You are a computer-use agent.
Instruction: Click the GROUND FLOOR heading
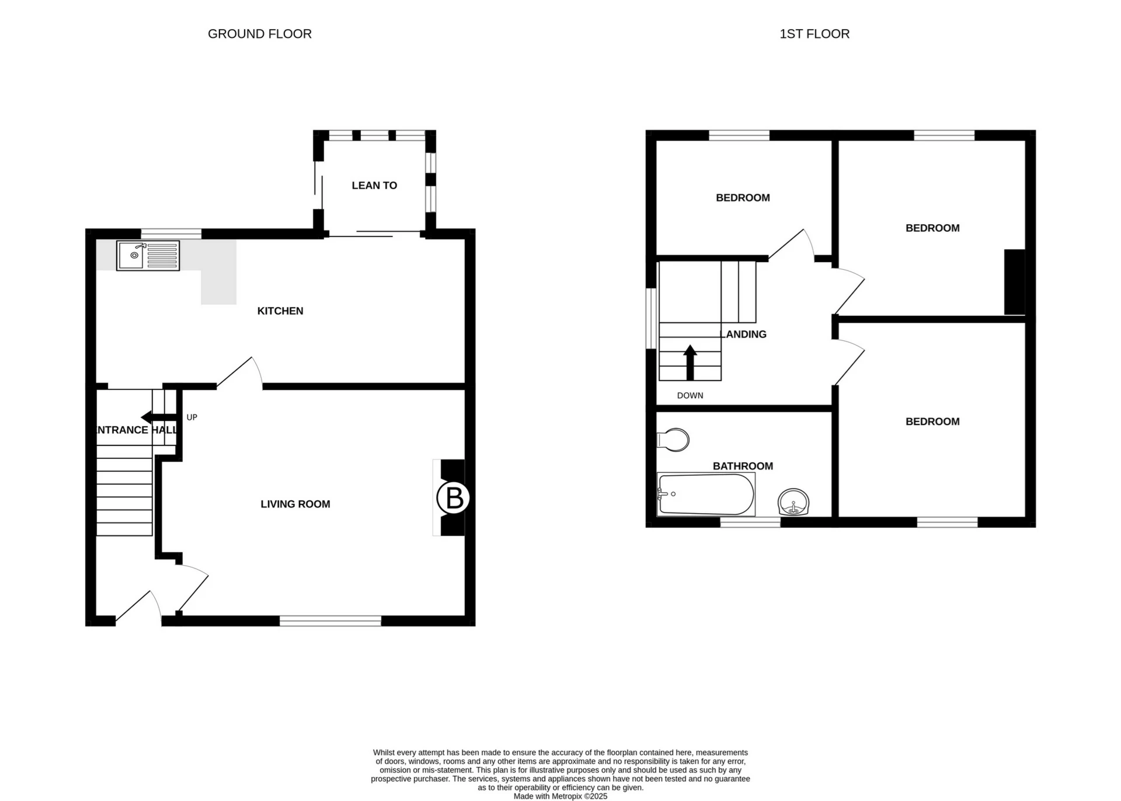coord(259,34)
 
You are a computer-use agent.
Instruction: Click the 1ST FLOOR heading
coord(814,34)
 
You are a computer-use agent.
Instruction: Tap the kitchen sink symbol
coord(148,256)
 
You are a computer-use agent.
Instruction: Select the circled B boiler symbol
coord(453,498)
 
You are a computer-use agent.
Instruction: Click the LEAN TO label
coord(374,186)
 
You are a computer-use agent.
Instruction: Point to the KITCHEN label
coord(280,311)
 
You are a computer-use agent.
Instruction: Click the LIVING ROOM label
coord(295,504)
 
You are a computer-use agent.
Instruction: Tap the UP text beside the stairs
coord(192,417)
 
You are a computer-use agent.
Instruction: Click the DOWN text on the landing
coord(690,396)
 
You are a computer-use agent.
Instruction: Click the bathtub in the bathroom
coord(705,494)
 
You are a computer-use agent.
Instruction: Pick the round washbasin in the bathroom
coord(793,502)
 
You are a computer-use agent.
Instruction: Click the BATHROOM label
coord(743,466)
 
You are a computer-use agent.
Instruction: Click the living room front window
coord(330,621)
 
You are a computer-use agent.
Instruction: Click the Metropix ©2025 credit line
coord(560,796)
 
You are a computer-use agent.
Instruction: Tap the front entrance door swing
coord(139,607)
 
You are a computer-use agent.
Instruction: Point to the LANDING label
coord(743,335)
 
